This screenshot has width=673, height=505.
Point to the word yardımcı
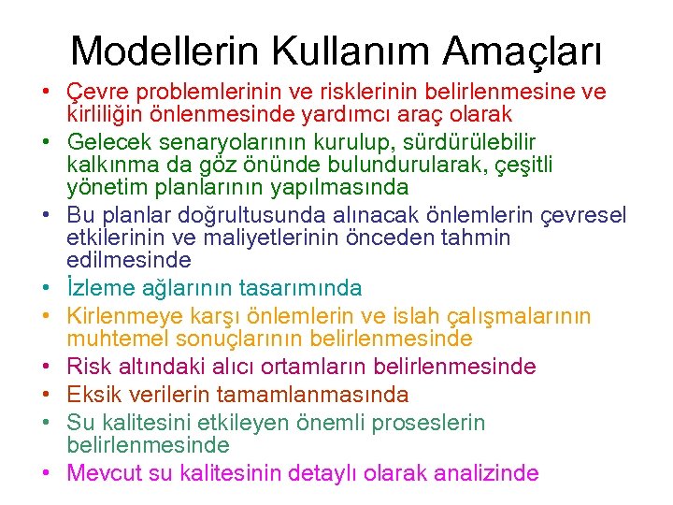click(364, 114)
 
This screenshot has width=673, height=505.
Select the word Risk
click(89, 366)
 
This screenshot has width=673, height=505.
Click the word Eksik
click(93, 394)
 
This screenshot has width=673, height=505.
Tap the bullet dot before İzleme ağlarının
click(45, 288)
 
